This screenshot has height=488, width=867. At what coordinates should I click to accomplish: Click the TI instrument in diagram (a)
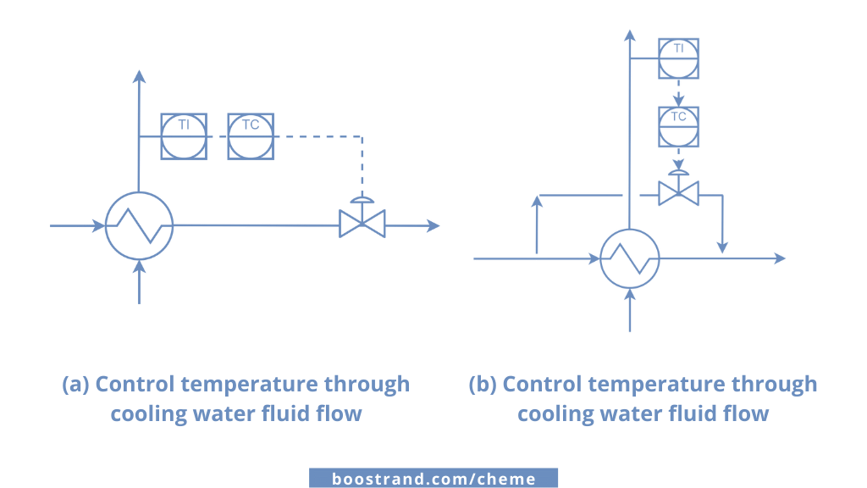click(x=183, y=136)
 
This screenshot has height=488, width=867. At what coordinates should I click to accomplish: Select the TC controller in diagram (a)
click(x=251, y=136)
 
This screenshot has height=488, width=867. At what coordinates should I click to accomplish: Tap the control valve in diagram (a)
click(x=362, y=224)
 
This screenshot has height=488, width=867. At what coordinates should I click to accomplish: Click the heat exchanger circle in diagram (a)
click(x=140, y=226)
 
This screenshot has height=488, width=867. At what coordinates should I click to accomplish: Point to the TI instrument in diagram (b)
click(x=678, y=58)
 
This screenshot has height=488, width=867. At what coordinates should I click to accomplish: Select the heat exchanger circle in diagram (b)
click(x=630, y=258)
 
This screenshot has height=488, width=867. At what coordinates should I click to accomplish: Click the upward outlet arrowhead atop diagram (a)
click(x=140, y=76)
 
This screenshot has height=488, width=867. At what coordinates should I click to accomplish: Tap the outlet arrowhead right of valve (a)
click(x=433, y=225)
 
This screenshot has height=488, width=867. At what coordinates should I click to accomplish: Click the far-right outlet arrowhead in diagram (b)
click(x=779, y=258)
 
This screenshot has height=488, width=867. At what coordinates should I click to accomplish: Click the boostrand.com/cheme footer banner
click(x=433, y=479)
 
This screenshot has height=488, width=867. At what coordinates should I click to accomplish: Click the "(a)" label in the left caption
click(x=76, y=384)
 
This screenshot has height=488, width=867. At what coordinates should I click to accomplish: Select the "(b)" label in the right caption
click(x=483, y=384)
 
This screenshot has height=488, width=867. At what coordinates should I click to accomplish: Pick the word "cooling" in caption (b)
click(x=555, y=413)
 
